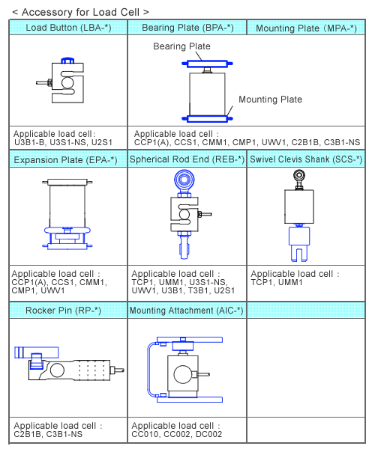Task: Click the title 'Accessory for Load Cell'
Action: tap(80, 12)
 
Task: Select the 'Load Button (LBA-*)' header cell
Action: tap(68, 28)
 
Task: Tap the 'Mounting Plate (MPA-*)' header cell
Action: tap(306, 28)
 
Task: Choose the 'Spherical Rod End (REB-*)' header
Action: tap(187, 159)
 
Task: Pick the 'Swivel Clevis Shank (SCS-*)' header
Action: tap(306, 159)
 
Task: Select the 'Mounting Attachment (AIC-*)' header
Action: tap(186, 311)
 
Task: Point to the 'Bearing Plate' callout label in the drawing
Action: tap(181, 46)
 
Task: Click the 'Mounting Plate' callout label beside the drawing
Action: tap(270, 100)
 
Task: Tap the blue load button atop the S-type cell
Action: tap(67, 61)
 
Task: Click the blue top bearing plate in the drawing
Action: tap(207, 64)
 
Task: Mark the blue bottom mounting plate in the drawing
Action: tap(207, 118)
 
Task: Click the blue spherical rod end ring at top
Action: tap(184, 180)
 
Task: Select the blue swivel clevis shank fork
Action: tap(299, 244)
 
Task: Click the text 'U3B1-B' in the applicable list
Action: tap(29, 143)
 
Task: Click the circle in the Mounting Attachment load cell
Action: tap(182, 374)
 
